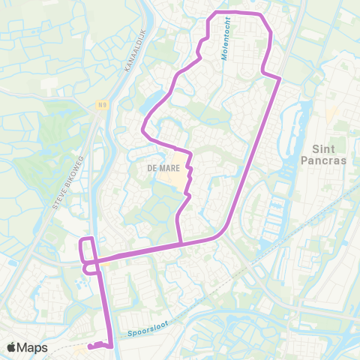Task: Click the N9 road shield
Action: coord(101,105)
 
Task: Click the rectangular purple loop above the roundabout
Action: coord(87,250)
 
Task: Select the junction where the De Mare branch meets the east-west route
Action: coord(181,243)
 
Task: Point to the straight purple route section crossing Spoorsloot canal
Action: coord(106,315)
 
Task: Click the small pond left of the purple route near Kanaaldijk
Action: coord(157,100)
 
